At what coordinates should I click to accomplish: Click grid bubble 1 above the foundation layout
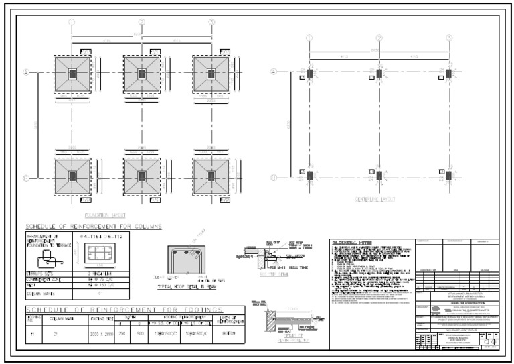(x=72, y=21)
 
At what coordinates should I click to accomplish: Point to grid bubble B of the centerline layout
(x=274, y=177)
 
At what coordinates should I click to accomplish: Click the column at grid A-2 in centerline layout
(x=379, y=72)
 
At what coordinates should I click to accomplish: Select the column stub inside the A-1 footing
(x=72, y=73)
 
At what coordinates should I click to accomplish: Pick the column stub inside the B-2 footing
(x=141, y=176)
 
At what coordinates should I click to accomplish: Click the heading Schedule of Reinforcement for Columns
(x=93, y=227)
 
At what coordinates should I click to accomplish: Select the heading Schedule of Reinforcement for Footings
(x=135, y=310)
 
